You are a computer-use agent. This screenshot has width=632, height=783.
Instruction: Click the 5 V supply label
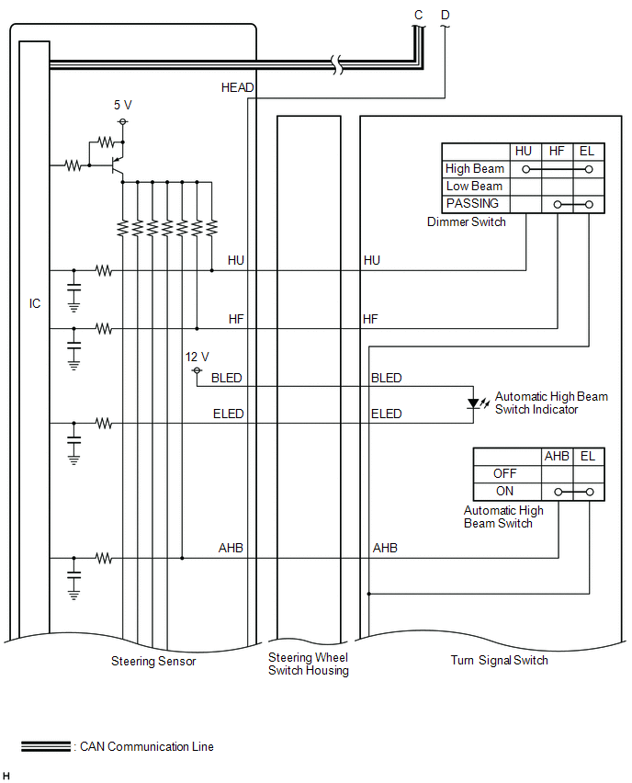[x=122, y=105]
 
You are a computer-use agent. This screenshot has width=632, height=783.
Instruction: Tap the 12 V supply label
[x=197, y=357]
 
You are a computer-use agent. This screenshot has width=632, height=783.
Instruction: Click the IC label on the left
[x=35, y=303]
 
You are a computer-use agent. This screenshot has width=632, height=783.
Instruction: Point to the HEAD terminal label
[x=237, y=87]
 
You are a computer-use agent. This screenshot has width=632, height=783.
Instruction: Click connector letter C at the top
[x=419, y=15]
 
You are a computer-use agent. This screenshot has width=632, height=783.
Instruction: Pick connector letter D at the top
[x=446, y=15]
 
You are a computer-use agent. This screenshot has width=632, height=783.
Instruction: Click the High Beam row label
[x=475, y=169]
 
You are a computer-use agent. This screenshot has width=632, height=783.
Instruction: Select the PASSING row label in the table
[x=472, y=203]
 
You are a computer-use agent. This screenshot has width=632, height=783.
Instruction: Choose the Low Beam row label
[x=474, y=187]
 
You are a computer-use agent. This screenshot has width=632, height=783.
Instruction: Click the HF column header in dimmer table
[x=557, y=152]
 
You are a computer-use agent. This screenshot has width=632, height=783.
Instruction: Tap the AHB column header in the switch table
[x=557, y=456]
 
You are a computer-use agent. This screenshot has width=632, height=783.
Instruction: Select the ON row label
[x=505, y=491]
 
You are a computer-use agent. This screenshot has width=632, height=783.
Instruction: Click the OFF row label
[x=505, y=473]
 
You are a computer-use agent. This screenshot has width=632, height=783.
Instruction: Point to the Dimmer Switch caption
[x=467, y=222]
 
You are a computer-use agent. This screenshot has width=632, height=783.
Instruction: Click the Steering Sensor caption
[x=153, y=661]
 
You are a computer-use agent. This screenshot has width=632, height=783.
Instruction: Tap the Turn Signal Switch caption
[x=499, y=660]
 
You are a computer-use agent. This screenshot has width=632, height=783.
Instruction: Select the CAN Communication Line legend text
[x=147, y=746]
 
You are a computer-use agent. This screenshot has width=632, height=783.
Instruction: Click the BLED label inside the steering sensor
[x=227, y=378]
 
